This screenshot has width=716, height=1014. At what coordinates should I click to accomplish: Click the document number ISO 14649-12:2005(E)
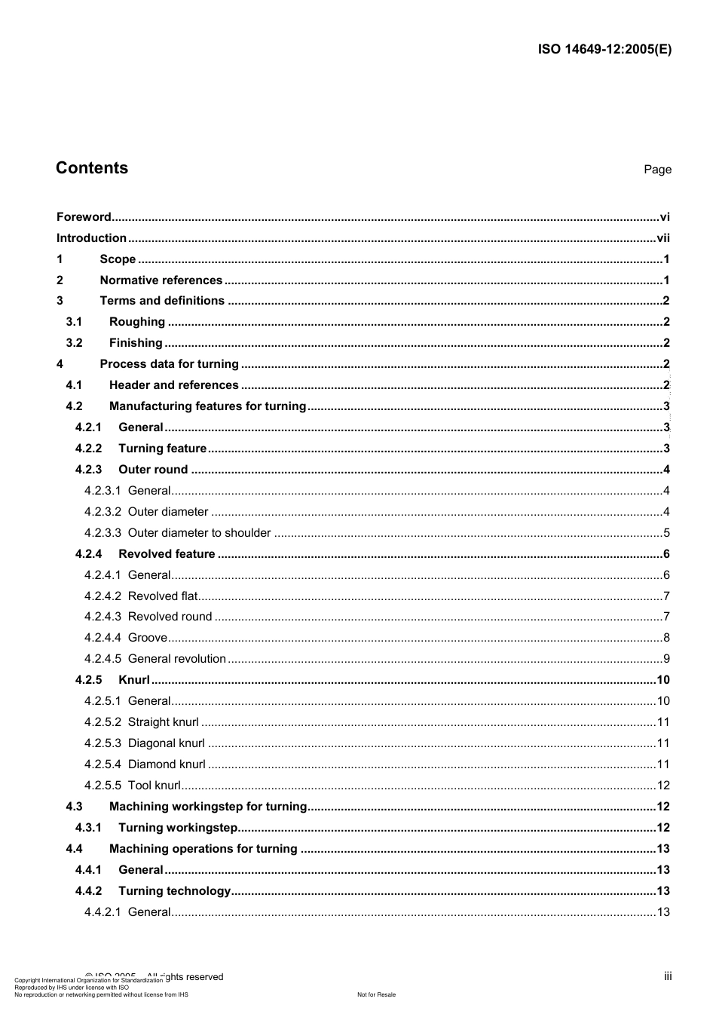click(x=604, y=50)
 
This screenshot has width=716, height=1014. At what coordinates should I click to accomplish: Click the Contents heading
click(x=92, y=168)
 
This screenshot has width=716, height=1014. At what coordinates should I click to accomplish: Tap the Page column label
click(x=657, y=170)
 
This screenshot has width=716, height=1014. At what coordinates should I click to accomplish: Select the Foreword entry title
click(x=84, y=217)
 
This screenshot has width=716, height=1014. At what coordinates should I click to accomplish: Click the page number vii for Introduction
click(x=662, y=238)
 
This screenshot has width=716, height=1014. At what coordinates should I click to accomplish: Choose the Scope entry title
click(x=118, y=259)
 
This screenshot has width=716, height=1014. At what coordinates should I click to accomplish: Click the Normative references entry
click(x=161, y=280)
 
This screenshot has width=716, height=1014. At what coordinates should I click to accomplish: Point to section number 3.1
click(x=74, y=322)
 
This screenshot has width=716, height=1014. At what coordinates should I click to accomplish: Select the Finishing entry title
click(x=136, y=343)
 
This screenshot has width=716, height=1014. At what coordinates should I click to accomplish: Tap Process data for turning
click(x=169, y=364)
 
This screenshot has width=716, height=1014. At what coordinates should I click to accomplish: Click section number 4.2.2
click(x=88, y=449)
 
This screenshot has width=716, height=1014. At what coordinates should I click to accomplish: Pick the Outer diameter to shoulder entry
click(x=199, y=533)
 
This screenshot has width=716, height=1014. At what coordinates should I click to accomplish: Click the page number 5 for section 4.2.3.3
click(x=666, y=533)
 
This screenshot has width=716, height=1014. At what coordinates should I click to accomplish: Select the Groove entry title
click(x=147, y=638)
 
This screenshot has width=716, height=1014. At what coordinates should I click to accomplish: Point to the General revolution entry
click(x=176, y=659)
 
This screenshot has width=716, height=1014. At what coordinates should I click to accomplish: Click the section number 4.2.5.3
click(x=102, y=743)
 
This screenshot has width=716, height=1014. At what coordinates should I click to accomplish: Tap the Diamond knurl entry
click(x=167, y=764)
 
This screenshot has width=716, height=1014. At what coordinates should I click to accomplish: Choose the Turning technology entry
click(x=174, y=891)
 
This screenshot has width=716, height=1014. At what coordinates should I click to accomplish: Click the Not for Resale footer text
click(x=376, y=994)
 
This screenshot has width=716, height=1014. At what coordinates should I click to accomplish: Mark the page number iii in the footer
click(x=668, y=976)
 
